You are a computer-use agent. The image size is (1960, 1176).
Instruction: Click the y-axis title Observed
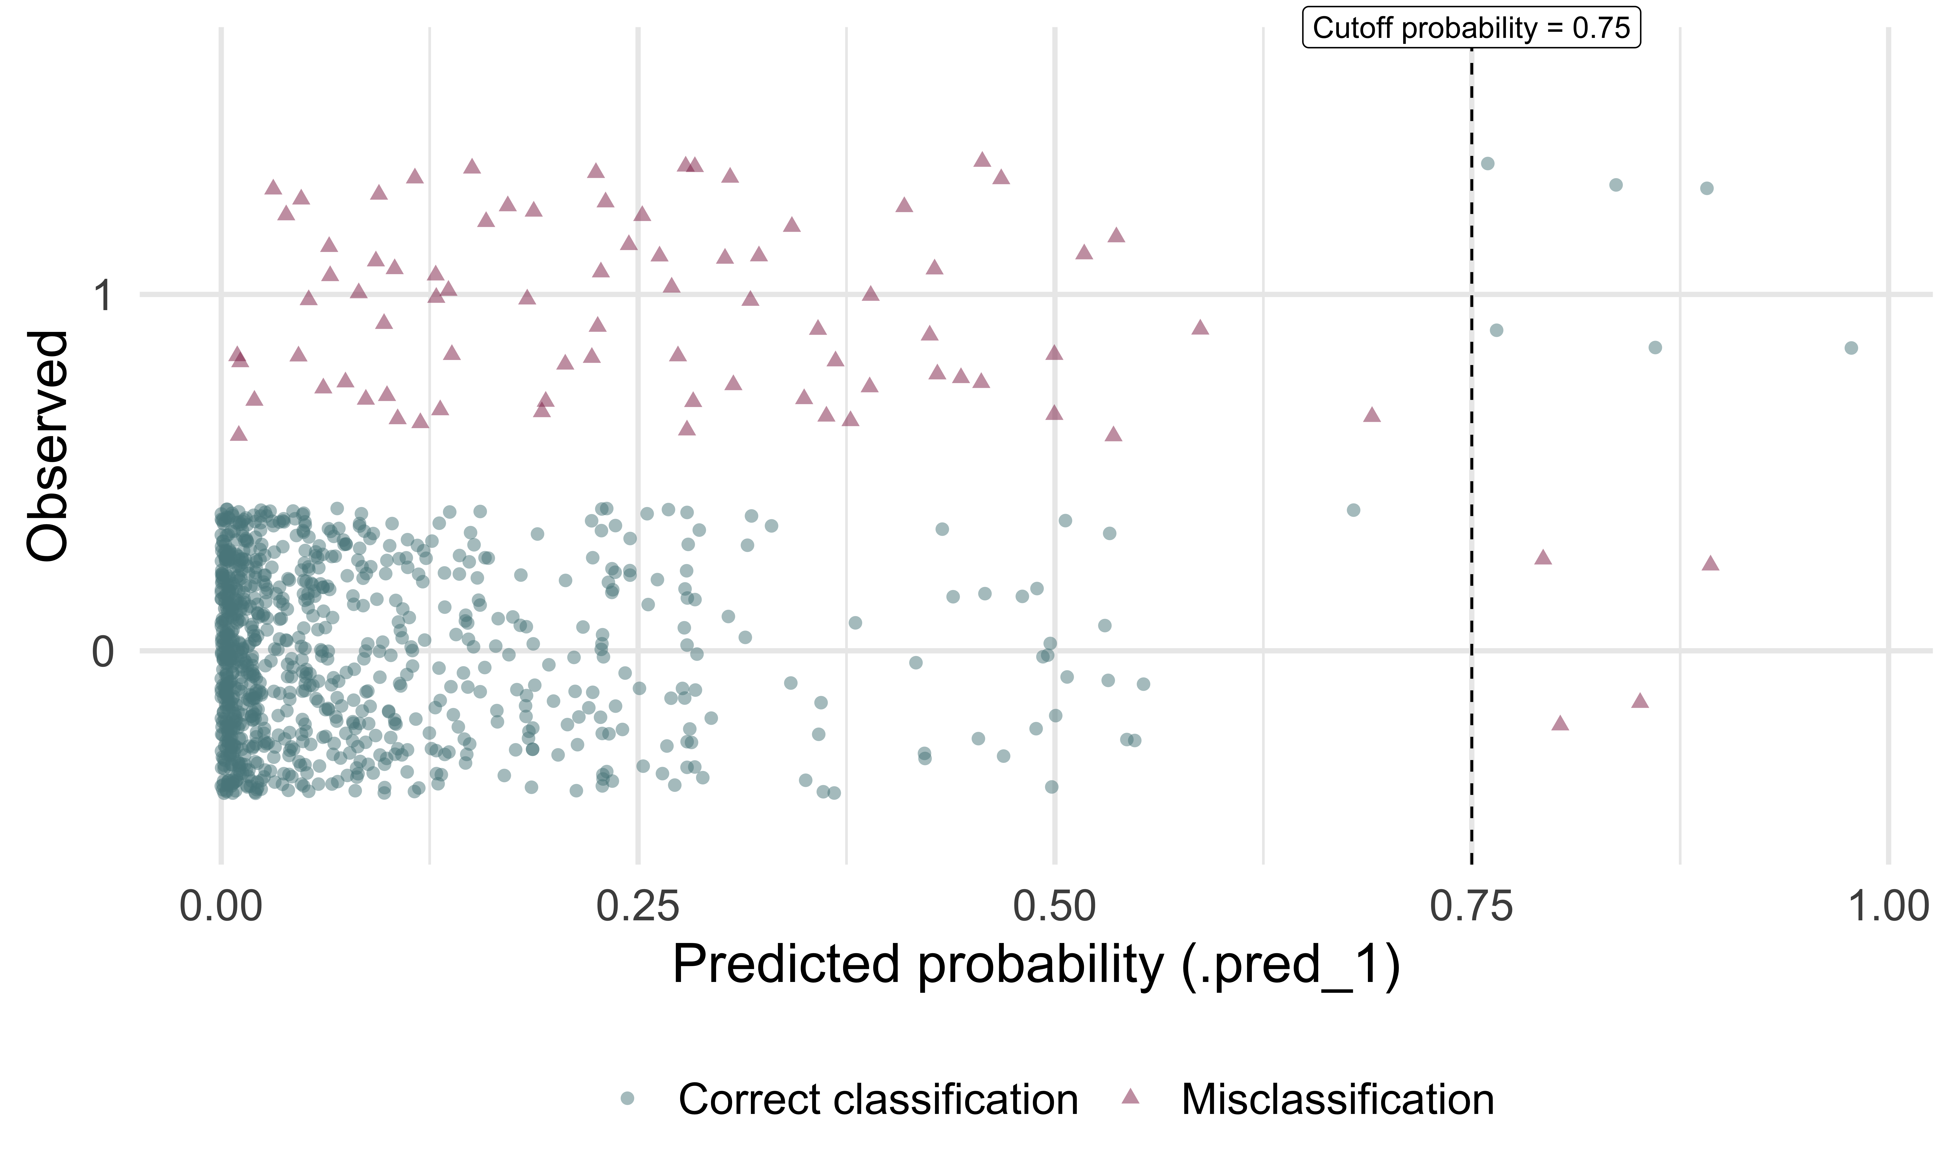pos(47,446)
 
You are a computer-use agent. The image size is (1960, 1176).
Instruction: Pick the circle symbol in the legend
pos(627,1098)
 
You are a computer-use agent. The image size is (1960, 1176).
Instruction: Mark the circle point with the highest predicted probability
pos(1851,348)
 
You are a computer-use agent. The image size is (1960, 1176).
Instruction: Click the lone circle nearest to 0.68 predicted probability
pos(1353,510)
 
